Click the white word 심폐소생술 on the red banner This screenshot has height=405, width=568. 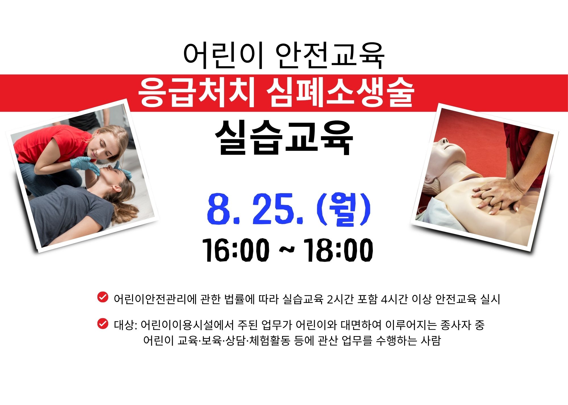pyautogui.click(x=340, y=92)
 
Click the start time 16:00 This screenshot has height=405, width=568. pyautogui.click(x=236, y=250)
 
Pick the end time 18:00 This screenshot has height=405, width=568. pyautogui.click(x=338, y=250)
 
